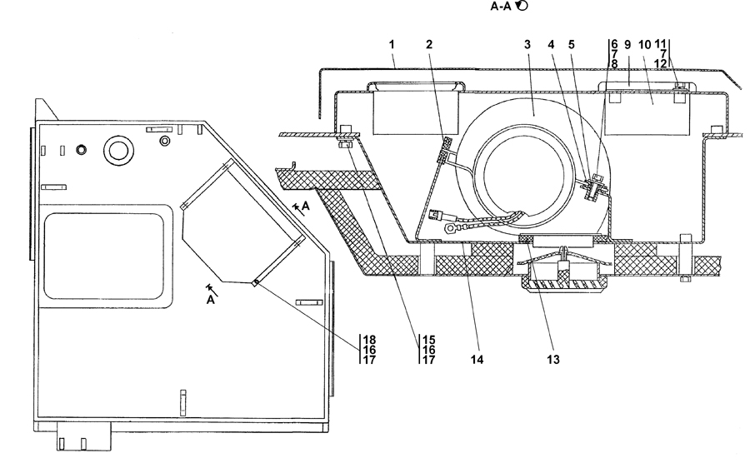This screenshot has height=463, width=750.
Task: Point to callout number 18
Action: (x=369, y=340)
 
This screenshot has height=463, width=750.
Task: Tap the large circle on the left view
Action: (x=114, y=150)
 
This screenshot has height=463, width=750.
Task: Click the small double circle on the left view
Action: (x=82, y=150)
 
